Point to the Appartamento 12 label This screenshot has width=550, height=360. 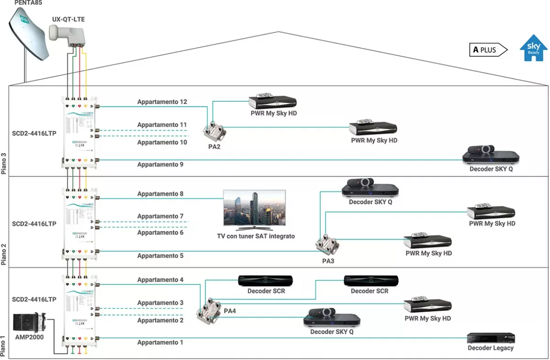162,102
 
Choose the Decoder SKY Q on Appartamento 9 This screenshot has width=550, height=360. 490,155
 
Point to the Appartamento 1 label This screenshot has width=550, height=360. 160,342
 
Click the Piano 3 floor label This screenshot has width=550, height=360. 4,160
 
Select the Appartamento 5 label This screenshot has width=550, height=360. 160,256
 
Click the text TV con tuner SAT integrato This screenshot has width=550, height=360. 256,236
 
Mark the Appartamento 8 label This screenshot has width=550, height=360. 160,194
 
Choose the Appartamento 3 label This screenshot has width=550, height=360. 160,303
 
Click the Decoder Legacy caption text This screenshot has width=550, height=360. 490,348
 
